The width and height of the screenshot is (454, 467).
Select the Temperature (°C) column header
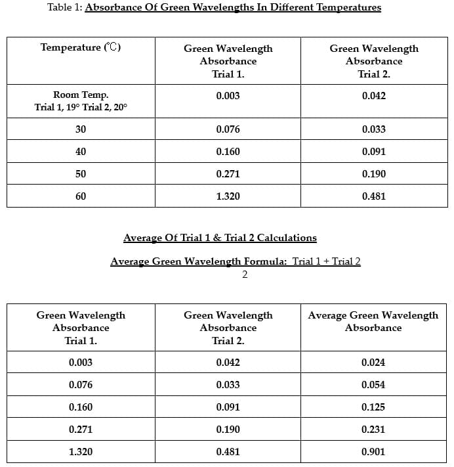pyautogui.click(x=81, y=47)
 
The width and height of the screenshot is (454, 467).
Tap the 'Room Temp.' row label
pyautogui.click(x=81, y=95)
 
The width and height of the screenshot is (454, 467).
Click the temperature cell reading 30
pyautogui.click(x=81, y=129)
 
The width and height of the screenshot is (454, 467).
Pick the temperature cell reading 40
pyautogui.click(x=81, y=152)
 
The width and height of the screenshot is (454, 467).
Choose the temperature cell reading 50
pyautogui.click(x=81, y=174)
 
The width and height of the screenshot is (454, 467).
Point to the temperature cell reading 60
pyautogui.click(x=81, y=196)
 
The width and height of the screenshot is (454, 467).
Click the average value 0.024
pyautogui.click(x=373, y=363)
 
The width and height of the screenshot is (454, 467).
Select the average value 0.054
pyautogui.click(x=373, y=385)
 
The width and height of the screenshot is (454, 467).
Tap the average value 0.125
pyautogui.click(x=373, y=407)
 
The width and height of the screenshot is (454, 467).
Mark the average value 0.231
pyautogui.click(x=373, y=430)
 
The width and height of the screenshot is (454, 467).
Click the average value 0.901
pyautogui.click(x=373, y=452)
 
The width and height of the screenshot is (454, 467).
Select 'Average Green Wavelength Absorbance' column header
pyautogui.click(x=373, y=321)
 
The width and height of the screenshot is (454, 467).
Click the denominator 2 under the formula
pyautogui.click(x=245, y=275)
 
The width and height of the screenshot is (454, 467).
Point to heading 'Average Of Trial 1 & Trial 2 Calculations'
pyautogui.click(x=220, y=238)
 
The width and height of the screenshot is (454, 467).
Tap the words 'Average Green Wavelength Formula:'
pyautogui.click(x=199, y=261)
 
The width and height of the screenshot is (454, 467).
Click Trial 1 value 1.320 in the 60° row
pyautogui.click(x=228, y=196)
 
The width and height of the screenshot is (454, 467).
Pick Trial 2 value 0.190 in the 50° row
pyautogui.click(x=374, y=174)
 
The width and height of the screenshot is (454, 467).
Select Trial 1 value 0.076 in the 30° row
pyautogui.click(x=228, y=129)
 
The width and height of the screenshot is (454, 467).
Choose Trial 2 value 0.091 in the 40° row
pyautogui.click(x=374, y=152)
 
